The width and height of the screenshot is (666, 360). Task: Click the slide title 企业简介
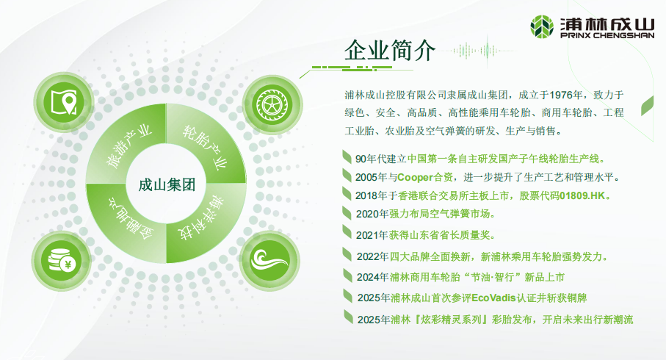(x=389, y=51)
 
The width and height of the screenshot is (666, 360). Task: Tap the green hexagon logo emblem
(x=542, y=26)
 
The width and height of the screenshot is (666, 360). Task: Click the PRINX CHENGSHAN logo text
(x=607, y=36)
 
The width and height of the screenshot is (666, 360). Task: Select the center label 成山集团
(x=167, y=185)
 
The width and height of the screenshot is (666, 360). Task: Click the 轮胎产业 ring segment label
(x=205, y=147)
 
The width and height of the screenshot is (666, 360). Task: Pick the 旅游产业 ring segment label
(x=129, y=145)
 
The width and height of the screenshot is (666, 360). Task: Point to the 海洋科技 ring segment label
(x=201, y=217)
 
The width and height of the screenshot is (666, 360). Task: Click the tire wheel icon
(x=272, y=104)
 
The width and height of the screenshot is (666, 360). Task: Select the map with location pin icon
(x=64, y=102)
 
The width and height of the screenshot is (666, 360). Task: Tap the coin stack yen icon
(x=62, y=259)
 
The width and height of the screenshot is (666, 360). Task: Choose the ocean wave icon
(x=269, y=259)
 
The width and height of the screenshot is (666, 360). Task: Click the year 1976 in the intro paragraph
(x=560, y=95)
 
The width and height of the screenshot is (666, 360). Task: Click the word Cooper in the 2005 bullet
(x=415, y=177)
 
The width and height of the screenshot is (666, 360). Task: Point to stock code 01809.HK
(x=582, y=195)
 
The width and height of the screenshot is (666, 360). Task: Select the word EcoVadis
(x=493, y=298)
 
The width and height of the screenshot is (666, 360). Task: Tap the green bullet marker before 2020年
(x=347, y=213)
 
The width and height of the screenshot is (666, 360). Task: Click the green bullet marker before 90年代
(x=347, y=156)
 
